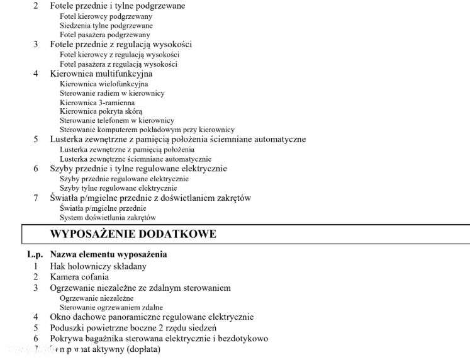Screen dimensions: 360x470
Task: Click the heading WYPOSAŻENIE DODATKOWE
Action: pyautogui.click(x=133, y=234)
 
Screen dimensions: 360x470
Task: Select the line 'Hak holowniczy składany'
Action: pyautogui.click(x=98, y=266)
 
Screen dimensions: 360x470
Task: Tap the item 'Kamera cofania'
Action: pyautogui.click(x=79, y=277)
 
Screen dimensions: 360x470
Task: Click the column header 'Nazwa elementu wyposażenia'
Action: pyautogui.click(x=108, y=255)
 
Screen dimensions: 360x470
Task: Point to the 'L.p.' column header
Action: pyautogui.click(x=35, y=255)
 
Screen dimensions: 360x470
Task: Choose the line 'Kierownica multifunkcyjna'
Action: pyautogui.click(x=101, y=74)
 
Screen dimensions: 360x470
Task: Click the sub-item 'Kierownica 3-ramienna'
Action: pyautogui.click(x=97, y=103)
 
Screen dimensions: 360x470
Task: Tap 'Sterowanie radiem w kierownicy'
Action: pyautogui.click(x=112, y=93)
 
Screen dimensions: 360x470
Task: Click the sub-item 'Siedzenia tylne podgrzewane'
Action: pyautogui.click(x=106, y=26)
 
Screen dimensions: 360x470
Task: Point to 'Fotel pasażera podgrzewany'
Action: pyautogui.click(x=104, y=35)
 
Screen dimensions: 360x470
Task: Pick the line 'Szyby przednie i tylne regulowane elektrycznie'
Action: pyautogui.click(x=138, y=169)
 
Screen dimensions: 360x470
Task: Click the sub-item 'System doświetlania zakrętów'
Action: pyautogui.click(x=108, y=218)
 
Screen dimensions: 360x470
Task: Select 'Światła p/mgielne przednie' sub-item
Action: pyautogui.click(x=103, y=208)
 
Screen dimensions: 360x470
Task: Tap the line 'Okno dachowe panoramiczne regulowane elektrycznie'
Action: pyautogui.click(x=152, y=317)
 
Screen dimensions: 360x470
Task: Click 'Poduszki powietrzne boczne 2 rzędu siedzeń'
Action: pyautogui.click(x=133, y=328)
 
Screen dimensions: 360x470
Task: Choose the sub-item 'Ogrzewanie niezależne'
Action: pyautogui.click(x=97, y=298)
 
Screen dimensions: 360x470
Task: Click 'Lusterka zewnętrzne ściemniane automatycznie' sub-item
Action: pyautogui.click(x=136, y=159)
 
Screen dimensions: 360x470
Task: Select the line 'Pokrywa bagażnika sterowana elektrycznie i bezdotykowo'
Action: pyautogui.click(x=159, y=339)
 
